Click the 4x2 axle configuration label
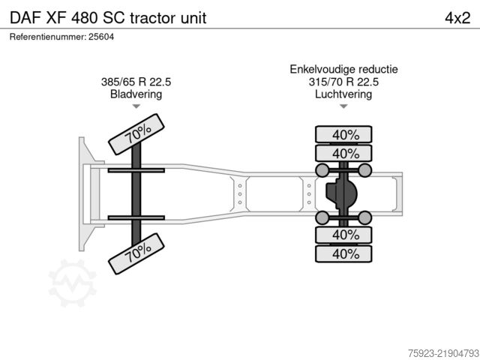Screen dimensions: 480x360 (x=457, y=18)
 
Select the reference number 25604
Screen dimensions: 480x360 (x=101, y=37)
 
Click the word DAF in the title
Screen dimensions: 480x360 (x=25, y=18)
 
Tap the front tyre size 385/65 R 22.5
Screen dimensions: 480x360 (x=136, y=82)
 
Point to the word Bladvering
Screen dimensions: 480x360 (x=136, y=94)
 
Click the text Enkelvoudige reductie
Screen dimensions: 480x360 (x=343, y=69)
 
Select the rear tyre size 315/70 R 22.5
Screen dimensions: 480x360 (x=343, y=82)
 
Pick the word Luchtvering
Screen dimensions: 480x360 (x=343, y=94)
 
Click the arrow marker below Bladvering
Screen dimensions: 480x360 (x=136, y=106)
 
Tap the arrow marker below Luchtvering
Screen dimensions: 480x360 (x=343, y=106)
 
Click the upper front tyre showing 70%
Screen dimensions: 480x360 (x=136, y=134)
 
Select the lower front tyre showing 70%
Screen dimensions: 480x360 (x=136, y=253)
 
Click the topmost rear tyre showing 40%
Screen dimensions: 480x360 (x=343, y=134)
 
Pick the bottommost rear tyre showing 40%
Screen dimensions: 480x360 (x=343, y=253)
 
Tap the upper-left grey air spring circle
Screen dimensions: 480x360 (x=322, y=170)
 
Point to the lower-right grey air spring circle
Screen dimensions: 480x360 (x=365, y=217)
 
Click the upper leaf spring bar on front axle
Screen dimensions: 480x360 (x=136, y=170)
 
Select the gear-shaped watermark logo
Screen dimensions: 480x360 (x=72, y=283)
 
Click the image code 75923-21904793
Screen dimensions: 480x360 (x=443, y=353)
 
